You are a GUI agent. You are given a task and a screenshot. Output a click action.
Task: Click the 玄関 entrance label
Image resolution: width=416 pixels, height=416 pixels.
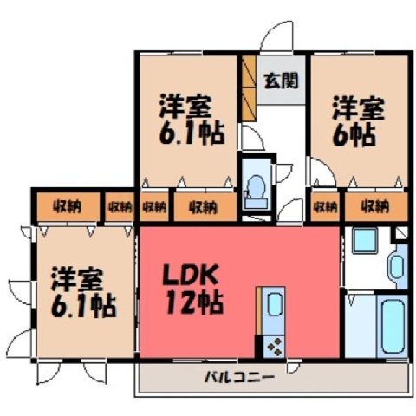(282, 81)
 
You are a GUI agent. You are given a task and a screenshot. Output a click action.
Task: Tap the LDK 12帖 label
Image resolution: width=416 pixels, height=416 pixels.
(192, 290)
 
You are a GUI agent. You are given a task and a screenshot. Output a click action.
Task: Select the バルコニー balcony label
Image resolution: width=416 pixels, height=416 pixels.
(239, 377)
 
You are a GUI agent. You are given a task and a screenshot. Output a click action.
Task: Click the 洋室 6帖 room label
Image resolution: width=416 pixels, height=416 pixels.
(359, 122)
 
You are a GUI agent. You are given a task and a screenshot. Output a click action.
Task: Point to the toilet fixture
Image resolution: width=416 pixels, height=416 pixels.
(257, 192)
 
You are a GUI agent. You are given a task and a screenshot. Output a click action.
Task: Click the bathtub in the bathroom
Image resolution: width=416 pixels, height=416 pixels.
(392, 326)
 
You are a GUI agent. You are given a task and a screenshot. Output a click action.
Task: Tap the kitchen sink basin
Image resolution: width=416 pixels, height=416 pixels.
(275, 304)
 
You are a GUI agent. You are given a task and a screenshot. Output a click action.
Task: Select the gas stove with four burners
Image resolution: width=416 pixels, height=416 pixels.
(274, 346)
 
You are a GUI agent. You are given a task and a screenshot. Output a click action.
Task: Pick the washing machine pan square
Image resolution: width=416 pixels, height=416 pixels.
(365, 240)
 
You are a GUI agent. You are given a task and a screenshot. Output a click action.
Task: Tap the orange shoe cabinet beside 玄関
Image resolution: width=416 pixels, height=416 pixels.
(249, 88)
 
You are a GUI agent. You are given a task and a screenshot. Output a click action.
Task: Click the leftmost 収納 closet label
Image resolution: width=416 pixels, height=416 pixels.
(67, 207)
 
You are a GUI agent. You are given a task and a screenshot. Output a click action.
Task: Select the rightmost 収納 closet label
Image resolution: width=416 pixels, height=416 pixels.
(375, 207)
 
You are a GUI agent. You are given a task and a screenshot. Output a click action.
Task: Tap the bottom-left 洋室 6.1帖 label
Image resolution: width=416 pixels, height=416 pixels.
(84, 292)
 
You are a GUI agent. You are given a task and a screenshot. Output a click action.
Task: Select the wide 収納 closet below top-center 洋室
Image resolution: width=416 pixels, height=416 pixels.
(205, 207)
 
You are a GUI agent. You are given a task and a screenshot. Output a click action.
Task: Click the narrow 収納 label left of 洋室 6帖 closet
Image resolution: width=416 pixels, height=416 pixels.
(326, 207)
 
